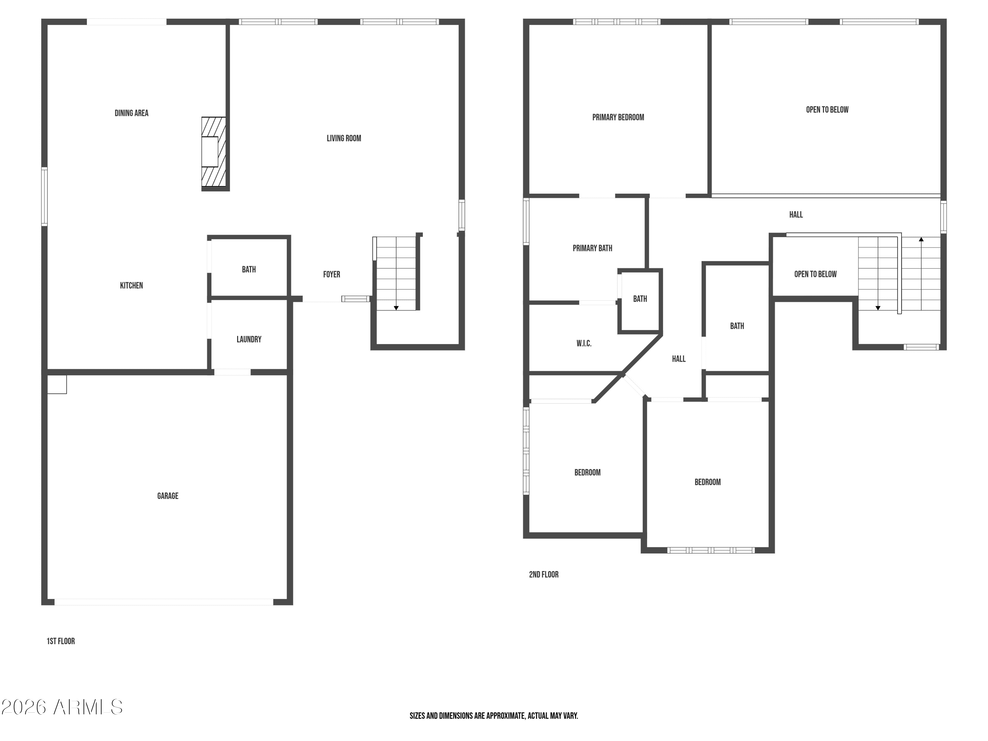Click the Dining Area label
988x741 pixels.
click(x=131, y=113)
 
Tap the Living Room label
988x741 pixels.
click(x=344, y=138)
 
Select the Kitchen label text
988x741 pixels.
click(x=131, y=286)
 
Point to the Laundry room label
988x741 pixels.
click(x=249, y=340)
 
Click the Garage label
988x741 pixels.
click(x=168, y=496)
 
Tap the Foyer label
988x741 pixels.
click(x=331, y=274)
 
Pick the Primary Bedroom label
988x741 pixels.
click(x=618, y=118)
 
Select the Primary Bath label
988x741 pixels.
click(x=592, y=248)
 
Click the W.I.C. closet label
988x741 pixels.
click(x=584, y=343)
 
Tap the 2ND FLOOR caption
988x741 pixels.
click(x=544, y=574)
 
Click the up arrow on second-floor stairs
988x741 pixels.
click(x=921, y=239)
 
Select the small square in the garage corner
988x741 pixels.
click(x=57, y=384)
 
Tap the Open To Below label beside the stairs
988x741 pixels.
click(x=815, y=274)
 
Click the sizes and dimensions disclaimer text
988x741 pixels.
click(x=494, y=716)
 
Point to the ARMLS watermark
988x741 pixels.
click(x=62, y=707)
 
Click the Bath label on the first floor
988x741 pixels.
click(x=249, y=269)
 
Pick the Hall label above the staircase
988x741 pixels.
click(x=796, y=215)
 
